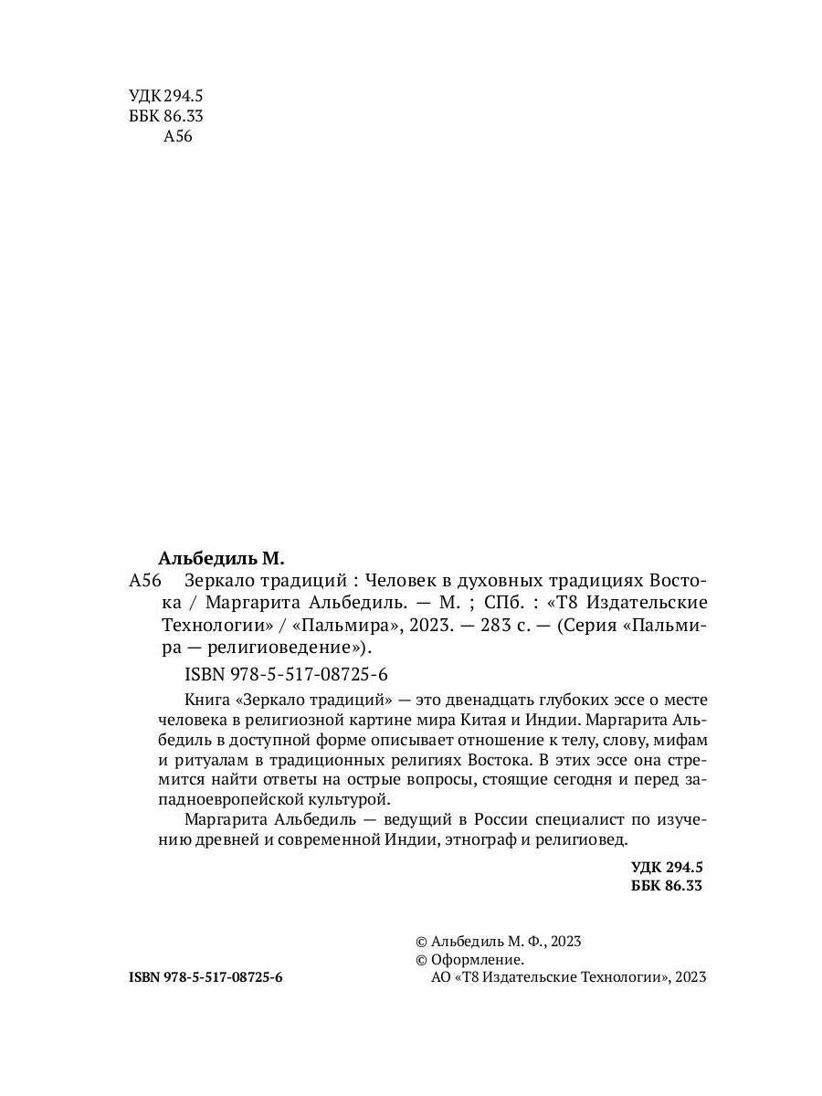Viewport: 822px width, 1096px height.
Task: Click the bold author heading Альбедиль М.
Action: [x=222, y=557]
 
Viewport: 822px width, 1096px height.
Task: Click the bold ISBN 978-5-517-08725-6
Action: [x=206, y=976]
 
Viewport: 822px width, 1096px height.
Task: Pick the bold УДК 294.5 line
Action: [x=667, y=867]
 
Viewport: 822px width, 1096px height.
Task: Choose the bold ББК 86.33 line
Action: [x=667, y=886]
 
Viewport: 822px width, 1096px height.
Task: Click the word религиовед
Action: [x=583, y=838]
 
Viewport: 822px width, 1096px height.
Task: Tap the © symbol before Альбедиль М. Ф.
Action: [x=421, y=942]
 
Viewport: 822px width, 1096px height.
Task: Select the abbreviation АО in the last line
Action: [x=439, y=977]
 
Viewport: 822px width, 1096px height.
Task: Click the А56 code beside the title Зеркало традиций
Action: [x=146, y=580]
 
